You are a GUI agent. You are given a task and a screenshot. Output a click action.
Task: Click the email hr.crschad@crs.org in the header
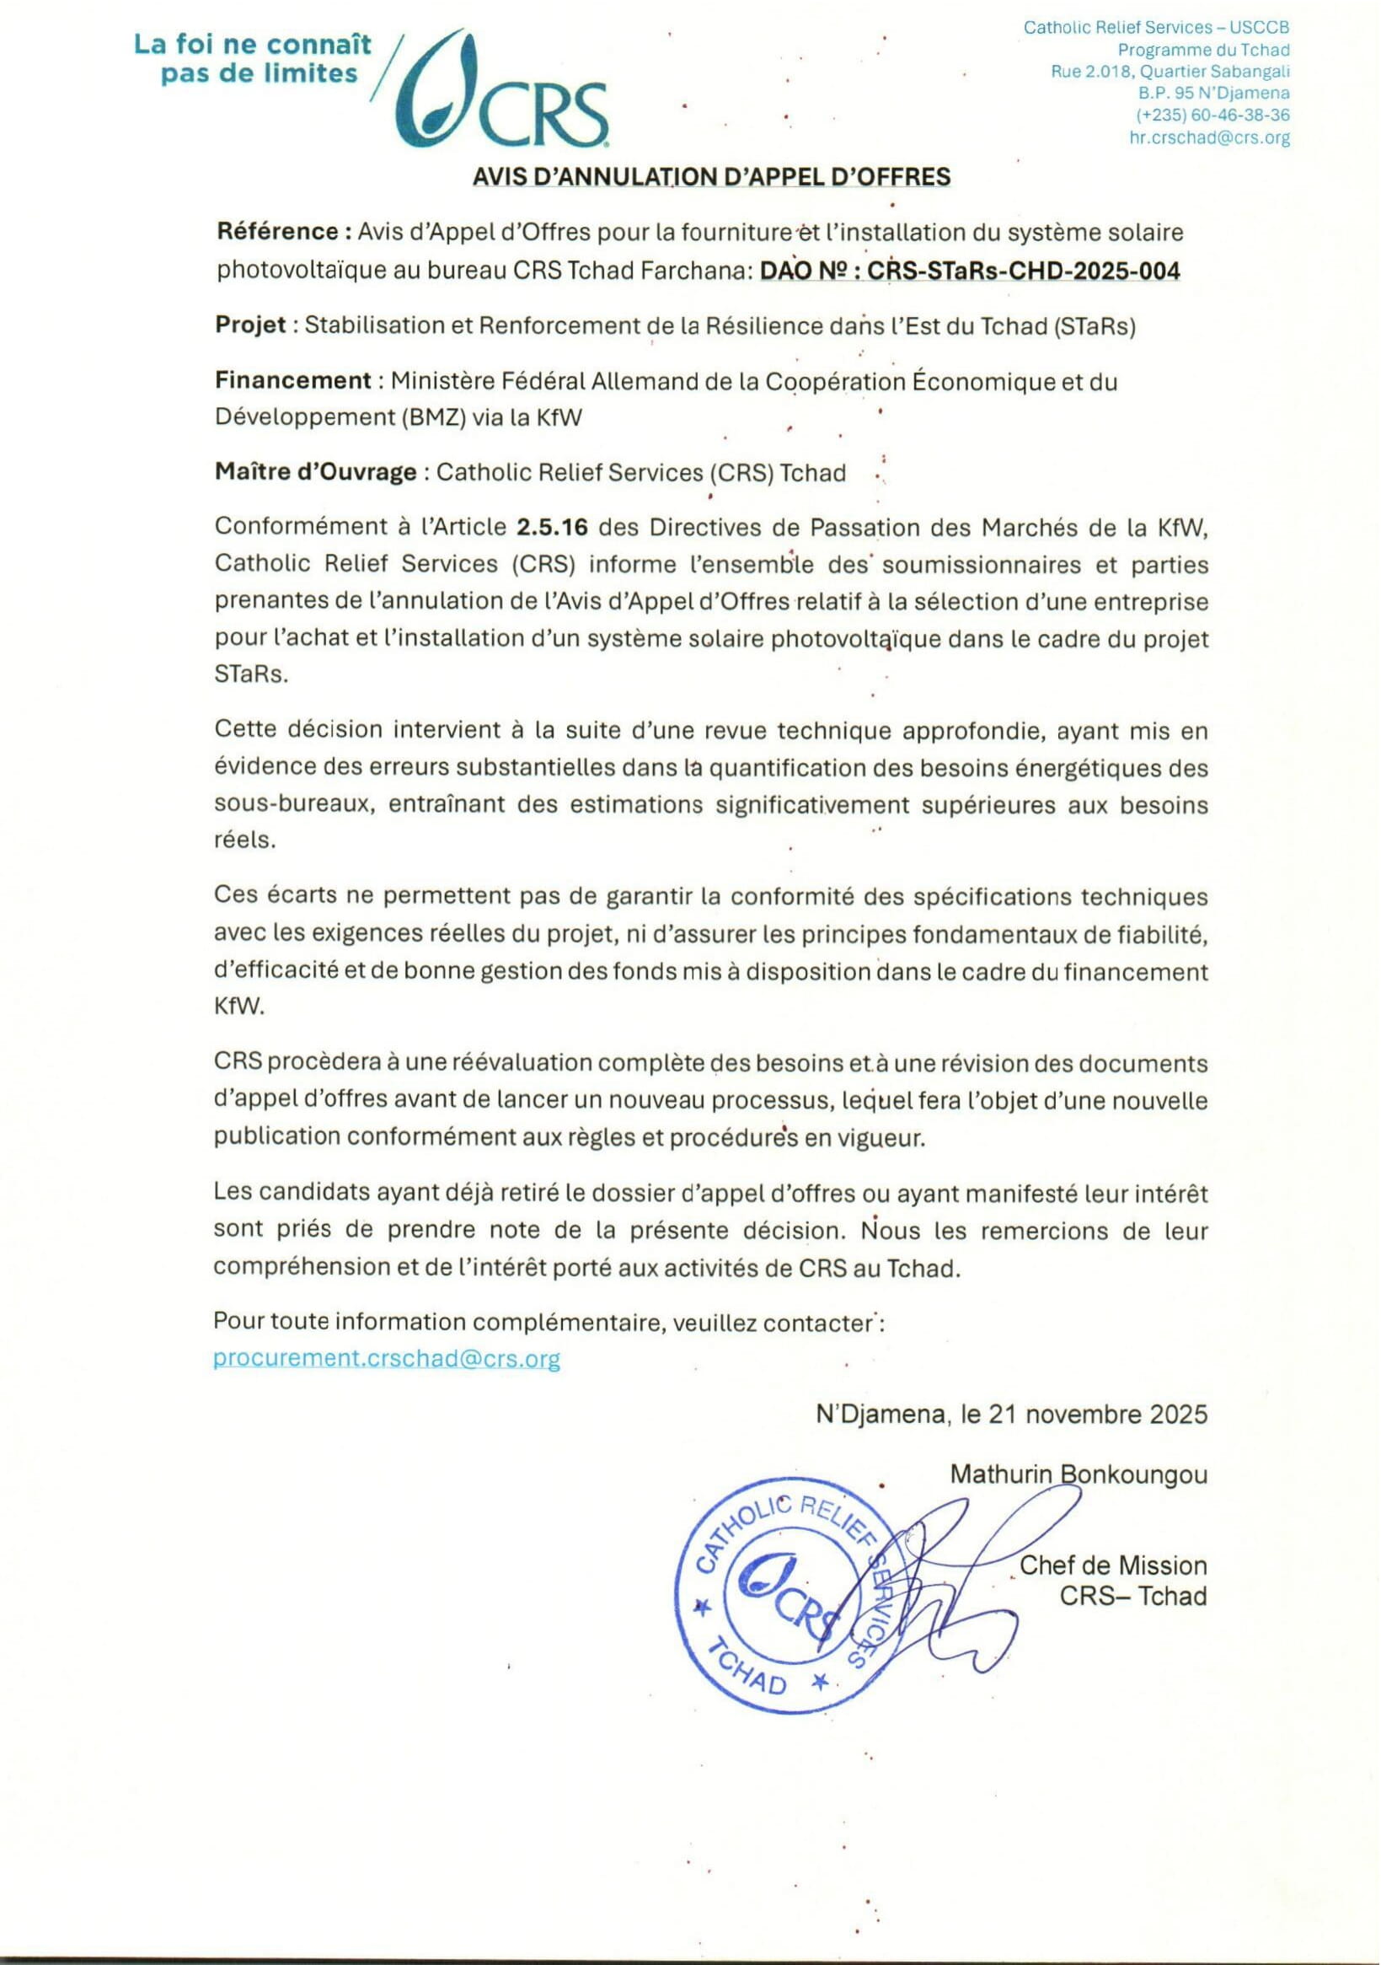point(1209,137)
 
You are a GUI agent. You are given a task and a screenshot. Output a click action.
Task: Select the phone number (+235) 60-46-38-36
point(1212,115)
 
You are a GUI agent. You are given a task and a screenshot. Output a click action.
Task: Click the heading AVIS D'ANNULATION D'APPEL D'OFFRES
point(711,177)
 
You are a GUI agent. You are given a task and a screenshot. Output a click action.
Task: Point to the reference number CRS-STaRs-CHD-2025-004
point(1024,271)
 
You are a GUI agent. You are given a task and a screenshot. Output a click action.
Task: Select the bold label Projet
point(250,325)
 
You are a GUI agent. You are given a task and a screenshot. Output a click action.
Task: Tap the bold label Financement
point(292,380)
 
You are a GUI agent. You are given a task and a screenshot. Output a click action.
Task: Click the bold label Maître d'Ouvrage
point(316,472)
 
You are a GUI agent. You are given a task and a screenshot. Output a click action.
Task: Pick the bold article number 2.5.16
point(552,527)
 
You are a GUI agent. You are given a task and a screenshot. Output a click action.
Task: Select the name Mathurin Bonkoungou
point(1079,1474)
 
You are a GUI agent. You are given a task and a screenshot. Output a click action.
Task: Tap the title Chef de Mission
point(1113,1565)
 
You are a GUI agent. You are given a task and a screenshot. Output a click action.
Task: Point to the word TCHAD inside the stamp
point(749,1674)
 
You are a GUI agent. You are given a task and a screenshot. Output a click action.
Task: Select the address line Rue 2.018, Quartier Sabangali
point(1170,72)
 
